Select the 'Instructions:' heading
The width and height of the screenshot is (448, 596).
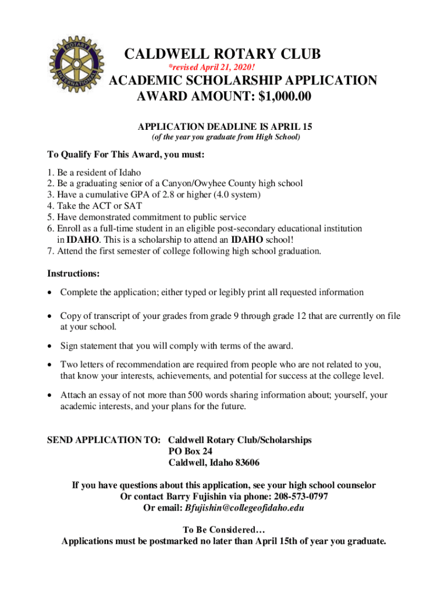pyautogui.click(x=73, y=273)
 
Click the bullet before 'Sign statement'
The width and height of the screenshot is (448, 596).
pyautogui.click(x=50, y=347)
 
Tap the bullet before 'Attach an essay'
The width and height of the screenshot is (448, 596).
pyautogui.click(x=50, y=395)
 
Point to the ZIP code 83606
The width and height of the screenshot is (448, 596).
pyautogui.click(x=246, y=463)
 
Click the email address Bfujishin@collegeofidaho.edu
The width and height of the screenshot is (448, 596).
pyautogui.click(x=244, y=508)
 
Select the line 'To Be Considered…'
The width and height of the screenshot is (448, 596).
pyautogui.click(x=224, y=530)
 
